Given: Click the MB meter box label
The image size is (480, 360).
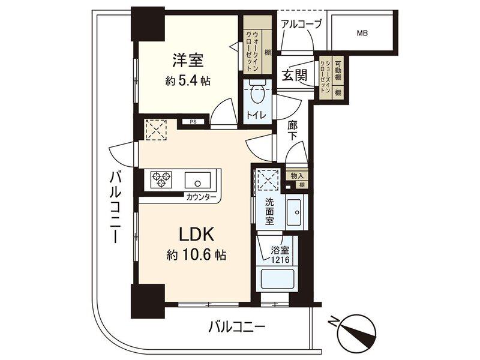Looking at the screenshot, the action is click(x=362, y=33).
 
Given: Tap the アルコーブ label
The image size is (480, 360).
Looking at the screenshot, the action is click(x=301, y=24).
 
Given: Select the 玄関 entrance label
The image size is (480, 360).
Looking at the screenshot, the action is click(x=294, y=75).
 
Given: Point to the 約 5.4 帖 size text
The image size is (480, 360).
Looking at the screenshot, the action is click(x=188, y=81).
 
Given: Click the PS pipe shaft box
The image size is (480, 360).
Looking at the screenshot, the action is click(x=193, y=122).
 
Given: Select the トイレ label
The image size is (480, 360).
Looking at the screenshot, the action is click(x=257, y=115).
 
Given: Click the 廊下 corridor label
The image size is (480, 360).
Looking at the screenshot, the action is click(x=293, y=131).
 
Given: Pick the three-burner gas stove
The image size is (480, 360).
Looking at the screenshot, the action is click(x=161, y=179).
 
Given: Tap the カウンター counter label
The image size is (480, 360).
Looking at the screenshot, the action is click(x=202, y=197).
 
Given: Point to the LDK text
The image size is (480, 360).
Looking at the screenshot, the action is click(x=196, y=235).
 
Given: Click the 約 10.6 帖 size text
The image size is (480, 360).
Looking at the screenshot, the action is click(x=196, y=254).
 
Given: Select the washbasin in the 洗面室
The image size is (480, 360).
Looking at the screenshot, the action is click(x=294, y=212).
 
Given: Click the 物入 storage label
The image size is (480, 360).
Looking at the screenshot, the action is click(x=297, y=176).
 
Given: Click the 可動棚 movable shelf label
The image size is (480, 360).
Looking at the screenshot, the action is click(x=338, y=71).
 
